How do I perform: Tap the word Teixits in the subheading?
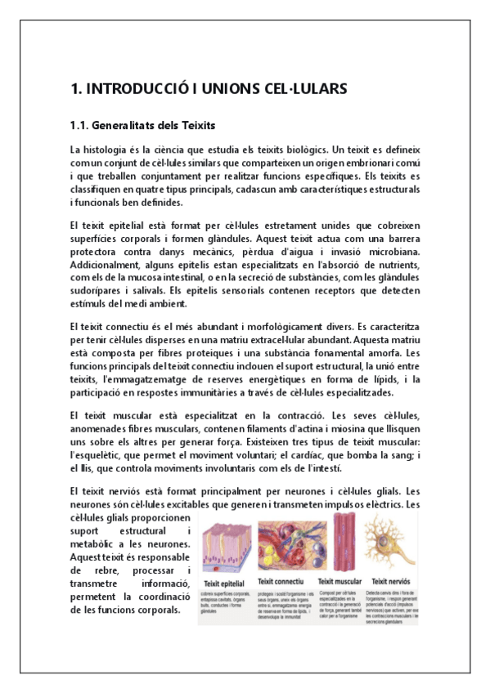195,126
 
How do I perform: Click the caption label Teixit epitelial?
224,583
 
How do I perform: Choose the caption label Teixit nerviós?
389,583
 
